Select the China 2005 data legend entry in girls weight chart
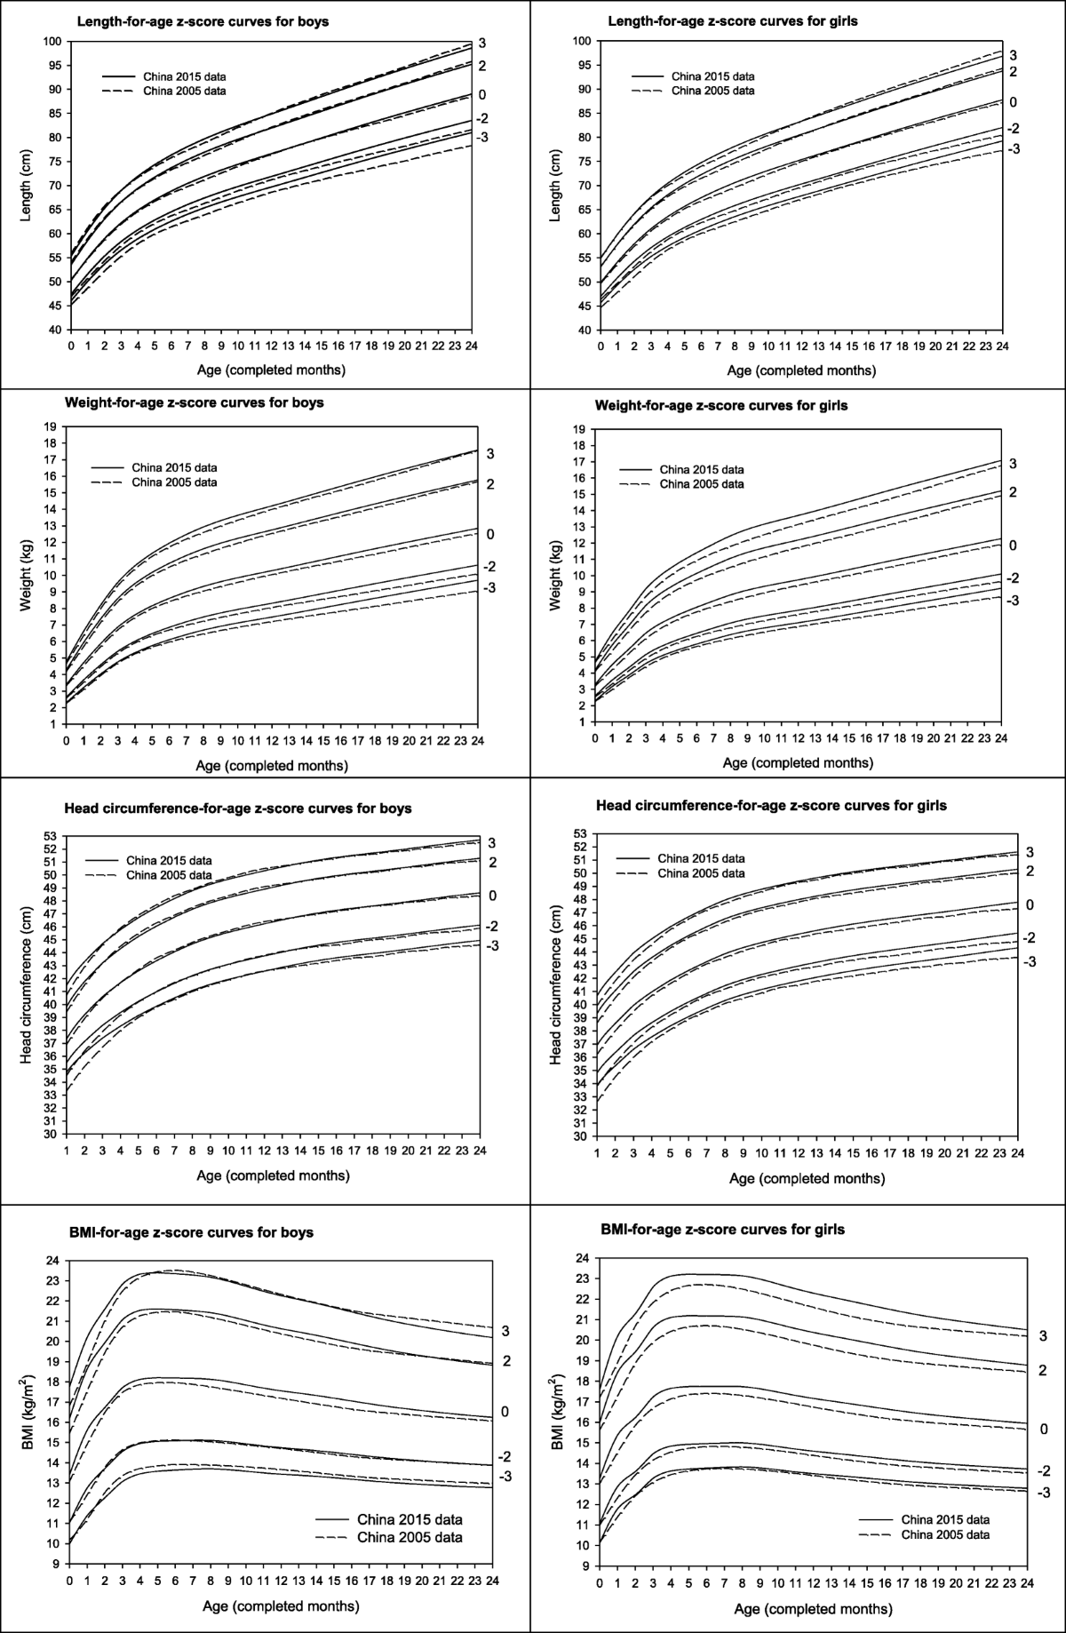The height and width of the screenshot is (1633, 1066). coord(707,484)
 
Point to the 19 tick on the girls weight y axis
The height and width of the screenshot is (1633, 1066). coord(578,428)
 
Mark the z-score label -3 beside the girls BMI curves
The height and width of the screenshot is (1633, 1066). coord(1044,1493)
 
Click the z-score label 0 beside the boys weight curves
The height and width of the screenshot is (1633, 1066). coord(489,534)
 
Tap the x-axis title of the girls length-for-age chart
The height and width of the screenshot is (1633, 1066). coord(800,370)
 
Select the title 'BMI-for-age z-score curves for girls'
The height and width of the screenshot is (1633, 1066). coord(722,1230)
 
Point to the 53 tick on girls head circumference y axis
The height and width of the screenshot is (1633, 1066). coord(578,833)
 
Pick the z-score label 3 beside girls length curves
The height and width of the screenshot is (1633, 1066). coord(1014,55)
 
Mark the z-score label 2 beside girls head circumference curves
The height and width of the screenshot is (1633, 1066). coord(1030,871)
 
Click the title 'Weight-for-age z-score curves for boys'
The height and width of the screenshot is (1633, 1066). coord(194,402)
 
